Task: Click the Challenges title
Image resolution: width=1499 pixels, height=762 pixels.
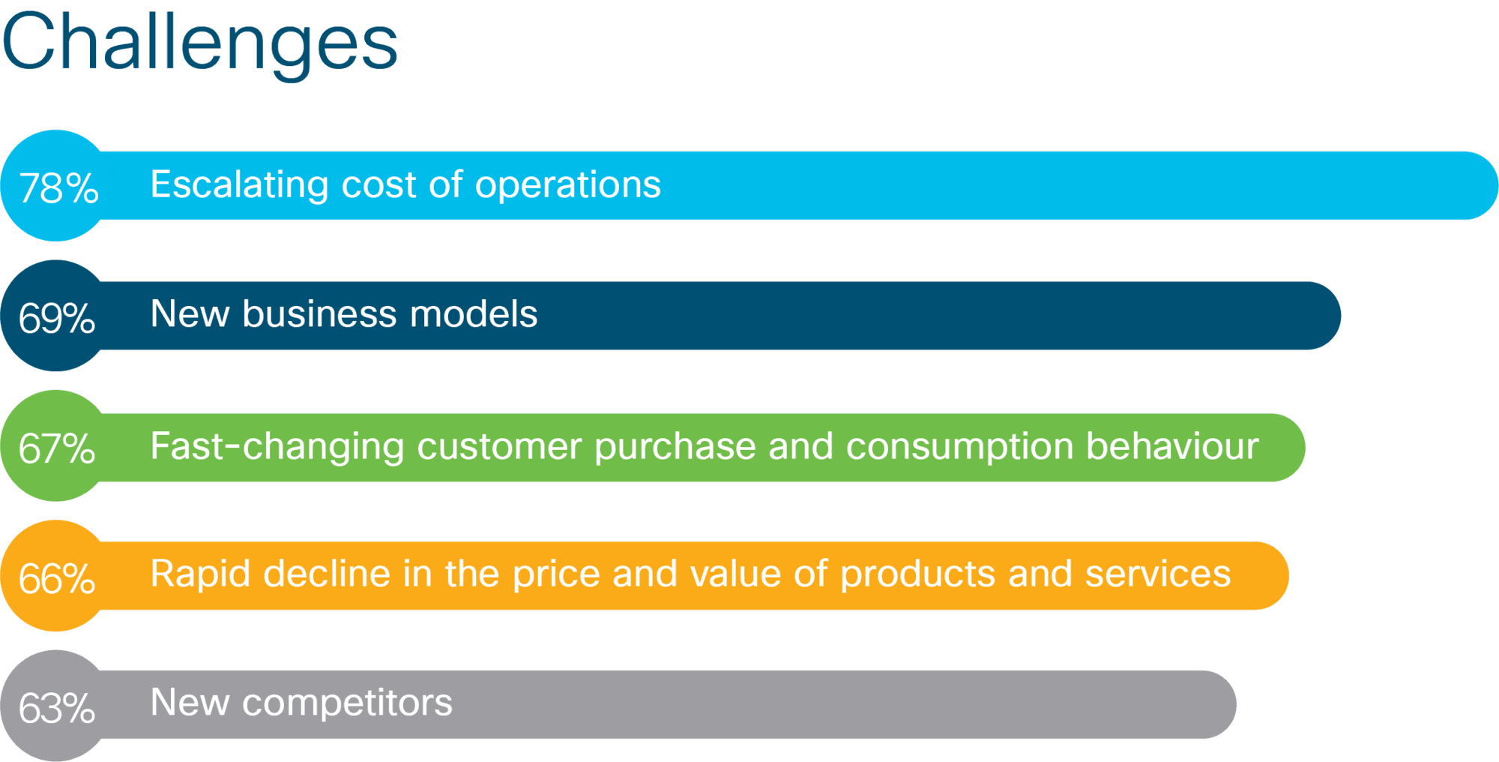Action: point(199,44)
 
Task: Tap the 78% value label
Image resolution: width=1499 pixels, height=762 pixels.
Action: point(58,187)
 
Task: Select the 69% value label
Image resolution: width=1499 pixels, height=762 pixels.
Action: point(57,318)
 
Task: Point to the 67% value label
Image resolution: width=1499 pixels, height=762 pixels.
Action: point(57,448)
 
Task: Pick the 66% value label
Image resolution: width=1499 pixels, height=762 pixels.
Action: point(57,578)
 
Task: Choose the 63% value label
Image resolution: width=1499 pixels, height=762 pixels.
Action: point(57,708)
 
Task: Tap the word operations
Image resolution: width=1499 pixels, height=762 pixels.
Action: point(568,184)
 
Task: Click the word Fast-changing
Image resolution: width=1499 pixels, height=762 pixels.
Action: point(277,448)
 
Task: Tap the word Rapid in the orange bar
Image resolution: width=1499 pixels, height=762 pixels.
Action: point(200,575)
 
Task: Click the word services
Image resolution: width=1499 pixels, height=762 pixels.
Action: point(1158,574)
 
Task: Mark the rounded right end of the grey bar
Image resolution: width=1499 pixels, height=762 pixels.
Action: point(1235,704)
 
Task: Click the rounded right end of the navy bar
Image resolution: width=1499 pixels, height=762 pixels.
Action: point(1340,316)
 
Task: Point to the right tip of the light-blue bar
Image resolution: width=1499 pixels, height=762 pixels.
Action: point(1498,185)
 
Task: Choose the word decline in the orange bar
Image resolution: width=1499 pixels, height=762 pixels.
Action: point(327,574)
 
